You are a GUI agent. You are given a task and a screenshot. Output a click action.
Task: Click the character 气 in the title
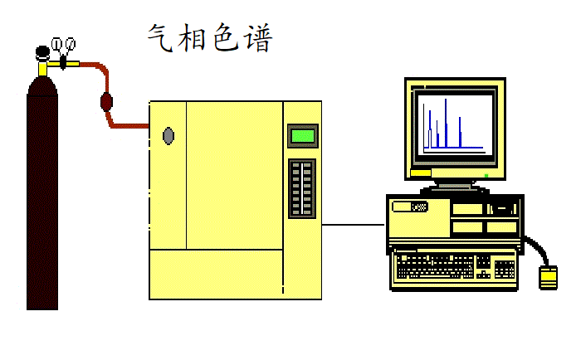click(159, 37)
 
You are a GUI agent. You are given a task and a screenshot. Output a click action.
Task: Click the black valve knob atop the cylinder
click(41, 53)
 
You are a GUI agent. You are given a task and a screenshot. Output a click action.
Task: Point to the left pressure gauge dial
click(56, 43)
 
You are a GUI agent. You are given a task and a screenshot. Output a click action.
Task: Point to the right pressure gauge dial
click(70, 43)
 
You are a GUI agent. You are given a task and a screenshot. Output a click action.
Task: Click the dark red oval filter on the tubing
click(106, 103)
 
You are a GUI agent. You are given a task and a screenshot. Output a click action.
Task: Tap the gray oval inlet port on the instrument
click(168, 135)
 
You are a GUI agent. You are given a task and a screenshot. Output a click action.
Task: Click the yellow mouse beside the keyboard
click(548, 278)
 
